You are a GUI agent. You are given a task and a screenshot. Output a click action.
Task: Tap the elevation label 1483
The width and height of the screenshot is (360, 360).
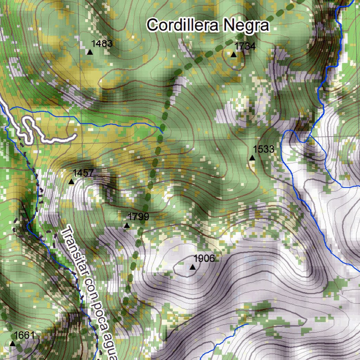coord(102,44)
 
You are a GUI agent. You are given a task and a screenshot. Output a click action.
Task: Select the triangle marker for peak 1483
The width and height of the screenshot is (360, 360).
coord(90,52)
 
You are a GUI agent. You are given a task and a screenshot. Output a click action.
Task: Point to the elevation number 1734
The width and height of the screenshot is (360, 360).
coord(245,46)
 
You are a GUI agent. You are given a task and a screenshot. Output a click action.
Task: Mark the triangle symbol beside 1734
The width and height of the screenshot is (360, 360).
coord(233,54)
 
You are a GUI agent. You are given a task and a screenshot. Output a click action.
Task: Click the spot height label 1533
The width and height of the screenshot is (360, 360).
coord(263,149)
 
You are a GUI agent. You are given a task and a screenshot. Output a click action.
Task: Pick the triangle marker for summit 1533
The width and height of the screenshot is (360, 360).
coord(252,157)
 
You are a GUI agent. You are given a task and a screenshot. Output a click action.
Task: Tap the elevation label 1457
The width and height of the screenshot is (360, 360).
coord(83,173)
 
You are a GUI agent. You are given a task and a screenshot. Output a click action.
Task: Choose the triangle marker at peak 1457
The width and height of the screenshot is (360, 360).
coord(71,181)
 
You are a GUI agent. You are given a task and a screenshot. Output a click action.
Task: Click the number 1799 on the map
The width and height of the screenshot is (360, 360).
coord(139,217)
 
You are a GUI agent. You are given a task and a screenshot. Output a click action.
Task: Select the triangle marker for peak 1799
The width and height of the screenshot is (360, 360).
coord(127,225)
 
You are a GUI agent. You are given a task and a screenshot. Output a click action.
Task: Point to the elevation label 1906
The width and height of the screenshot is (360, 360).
coord(204,259)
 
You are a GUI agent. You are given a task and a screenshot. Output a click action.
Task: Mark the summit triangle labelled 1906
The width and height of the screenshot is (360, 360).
coord(192,267)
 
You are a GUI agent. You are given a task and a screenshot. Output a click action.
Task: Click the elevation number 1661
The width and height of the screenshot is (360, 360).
coord(25,335)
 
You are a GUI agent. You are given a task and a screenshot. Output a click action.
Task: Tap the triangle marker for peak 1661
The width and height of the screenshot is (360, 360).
coord(13,343)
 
